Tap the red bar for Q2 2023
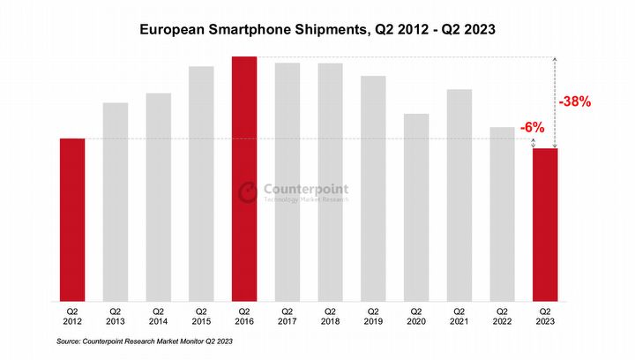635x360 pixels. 545,224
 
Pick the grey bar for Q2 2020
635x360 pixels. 416,206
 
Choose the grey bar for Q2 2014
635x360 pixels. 158,196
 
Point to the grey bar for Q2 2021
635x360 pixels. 459,194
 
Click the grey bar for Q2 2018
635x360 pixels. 330,181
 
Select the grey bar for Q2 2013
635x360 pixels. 116,201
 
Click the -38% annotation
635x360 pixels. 574,101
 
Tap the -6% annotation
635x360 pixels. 531,128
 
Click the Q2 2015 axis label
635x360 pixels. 201,316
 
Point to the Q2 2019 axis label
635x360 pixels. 373,316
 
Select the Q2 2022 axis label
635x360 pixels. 503,316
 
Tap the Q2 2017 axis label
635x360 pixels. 288,316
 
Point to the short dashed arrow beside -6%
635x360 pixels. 545,141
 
